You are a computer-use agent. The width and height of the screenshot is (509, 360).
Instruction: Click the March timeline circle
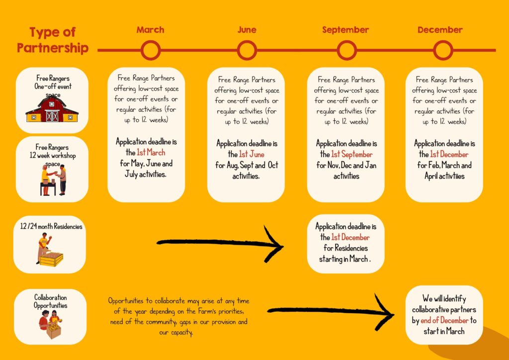(x=151, y=41)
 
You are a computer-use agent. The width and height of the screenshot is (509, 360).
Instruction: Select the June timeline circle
(x=247, y=41)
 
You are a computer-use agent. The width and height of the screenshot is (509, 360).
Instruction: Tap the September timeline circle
(x=346, y=41)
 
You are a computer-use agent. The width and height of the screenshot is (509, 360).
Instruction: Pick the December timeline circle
(x=443, y=41)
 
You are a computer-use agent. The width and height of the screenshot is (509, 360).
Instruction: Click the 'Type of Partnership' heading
(x=53, y=40)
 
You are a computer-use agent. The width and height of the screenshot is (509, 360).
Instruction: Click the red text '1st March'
(x=151, y=152)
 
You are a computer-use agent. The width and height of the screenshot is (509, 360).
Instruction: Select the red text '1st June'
(x=252, y=154)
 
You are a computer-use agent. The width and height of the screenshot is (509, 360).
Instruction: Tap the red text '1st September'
(x=352, y=154)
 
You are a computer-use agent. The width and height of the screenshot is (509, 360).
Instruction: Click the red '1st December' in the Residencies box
(x=350, y=237)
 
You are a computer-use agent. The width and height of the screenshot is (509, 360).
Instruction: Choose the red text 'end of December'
(x=444, y=320)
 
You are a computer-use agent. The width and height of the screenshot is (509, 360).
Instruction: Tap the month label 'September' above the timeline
(x=345, y=30)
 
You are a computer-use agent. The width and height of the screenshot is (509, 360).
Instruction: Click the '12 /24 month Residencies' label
(x=51, y=226)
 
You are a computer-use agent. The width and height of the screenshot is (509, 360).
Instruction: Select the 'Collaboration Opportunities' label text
(x=50, y=301)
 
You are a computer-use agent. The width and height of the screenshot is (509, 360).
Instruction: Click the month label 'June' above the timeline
(x=247, y=30)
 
